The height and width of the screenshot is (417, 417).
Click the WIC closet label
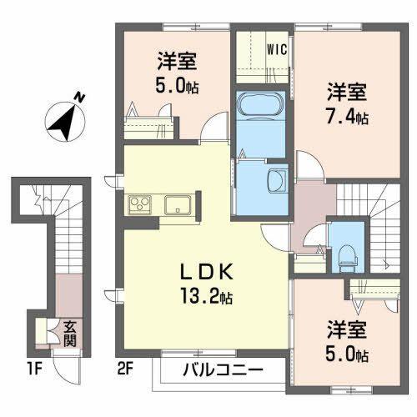(277, 48)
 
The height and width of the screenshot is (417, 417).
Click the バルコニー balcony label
(222, 369)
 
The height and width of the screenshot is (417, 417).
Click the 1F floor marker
(34, 366)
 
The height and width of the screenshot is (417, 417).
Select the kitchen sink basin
(178, 203)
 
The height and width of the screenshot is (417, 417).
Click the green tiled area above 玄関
(70, 291)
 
